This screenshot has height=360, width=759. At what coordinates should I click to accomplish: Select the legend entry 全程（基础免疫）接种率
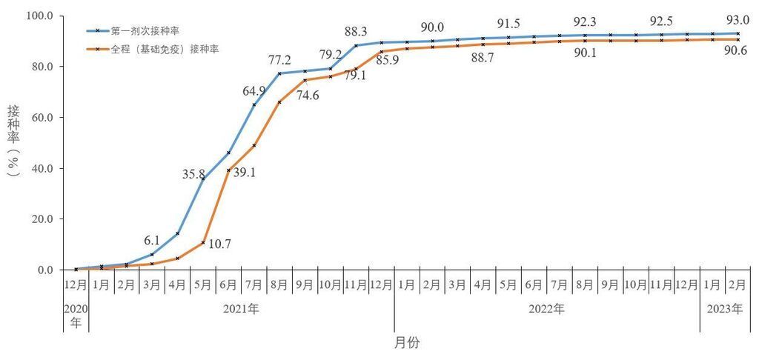[164, 50]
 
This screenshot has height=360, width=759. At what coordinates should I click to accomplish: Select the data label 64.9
[253, 91]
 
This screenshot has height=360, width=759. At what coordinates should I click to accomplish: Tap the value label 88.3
[357, 31]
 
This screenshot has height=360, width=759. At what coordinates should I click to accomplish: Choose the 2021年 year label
[241, 309]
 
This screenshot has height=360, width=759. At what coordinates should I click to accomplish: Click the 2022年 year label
[547, 309]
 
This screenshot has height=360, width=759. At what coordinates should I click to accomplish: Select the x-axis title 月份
[408, 343]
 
